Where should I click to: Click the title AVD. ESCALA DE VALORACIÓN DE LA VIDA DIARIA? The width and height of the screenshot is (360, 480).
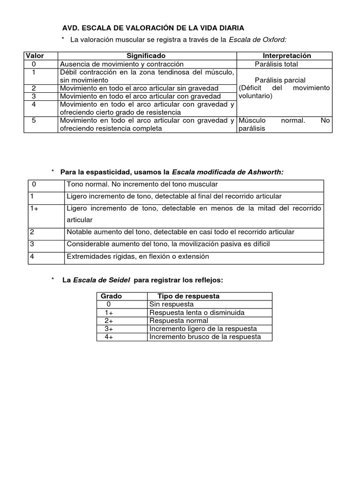[153, 29]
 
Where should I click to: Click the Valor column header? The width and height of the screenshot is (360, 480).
[34, 56]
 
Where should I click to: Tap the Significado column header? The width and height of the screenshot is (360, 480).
[146, 56]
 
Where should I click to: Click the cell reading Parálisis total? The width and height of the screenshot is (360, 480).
[276, 64]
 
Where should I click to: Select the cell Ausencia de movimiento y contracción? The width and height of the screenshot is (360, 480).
[121, 64]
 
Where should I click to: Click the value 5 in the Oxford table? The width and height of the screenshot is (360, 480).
[34, 120]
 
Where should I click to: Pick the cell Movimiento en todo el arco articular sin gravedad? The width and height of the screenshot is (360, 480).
[139, 88]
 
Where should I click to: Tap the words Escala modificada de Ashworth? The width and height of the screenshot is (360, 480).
[228, 172]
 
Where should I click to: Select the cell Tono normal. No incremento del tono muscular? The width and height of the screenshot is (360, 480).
[142, 184]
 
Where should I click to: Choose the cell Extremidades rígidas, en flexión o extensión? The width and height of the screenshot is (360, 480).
[138, 256]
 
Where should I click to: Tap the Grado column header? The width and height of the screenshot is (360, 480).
[111, 296]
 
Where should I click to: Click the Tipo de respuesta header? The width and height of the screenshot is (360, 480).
[188, 296]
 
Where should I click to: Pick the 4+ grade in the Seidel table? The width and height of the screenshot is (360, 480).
[109, 337]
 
